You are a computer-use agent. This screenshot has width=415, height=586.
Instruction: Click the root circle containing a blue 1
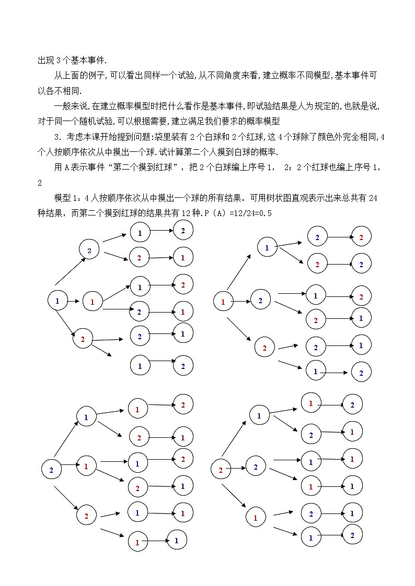[57, 301]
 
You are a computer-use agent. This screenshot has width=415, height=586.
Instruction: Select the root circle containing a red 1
[223, 301]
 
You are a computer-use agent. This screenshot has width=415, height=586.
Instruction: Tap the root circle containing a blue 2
[51, 470]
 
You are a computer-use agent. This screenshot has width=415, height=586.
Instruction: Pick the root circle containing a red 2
[221, 470]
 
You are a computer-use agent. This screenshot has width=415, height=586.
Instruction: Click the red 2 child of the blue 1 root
[83, 339]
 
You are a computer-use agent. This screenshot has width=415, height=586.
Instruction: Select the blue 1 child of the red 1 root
[267, 248]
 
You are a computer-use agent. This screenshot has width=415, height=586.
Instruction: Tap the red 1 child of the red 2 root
[256, 518]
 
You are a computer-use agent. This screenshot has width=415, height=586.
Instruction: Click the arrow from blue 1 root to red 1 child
[73, 301]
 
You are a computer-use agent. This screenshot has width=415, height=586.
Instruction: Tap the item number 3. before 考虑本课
[57, 138]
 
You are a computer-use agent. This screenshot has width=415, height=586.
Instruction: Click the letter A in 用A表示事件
[67, 168]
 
